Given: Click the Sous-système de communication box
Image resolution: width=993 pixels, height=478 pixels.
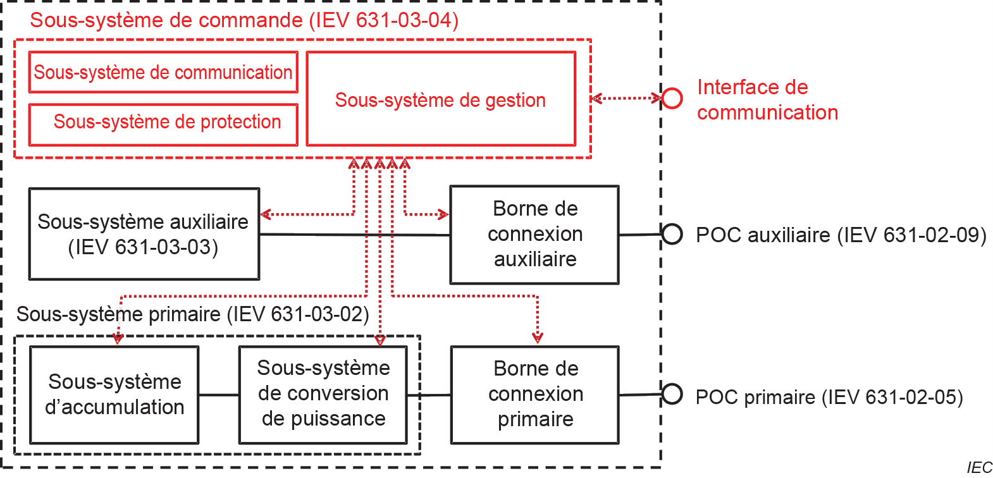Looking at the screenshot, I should pos(163,72).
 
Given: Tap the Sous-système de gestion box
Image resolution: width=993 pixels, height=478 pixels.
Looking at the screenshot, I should pos(441,99).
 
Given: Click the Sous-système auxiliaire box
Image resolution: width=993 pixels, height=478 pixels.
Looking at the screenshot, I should pos(144,234).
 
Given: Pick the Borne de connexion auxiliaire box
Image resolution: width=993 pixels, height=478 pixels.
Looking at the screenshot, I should pos(534,235).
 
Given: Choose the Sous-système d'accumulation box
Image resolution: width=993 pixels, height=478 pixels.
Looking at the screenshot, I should pos(114,395).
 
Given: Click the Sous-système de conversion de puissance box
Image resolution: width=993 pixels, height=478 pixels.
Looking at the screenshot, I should pos(323,395).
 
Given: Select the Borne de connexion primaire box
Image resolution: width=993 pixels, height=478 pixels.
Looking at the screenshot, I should pos(535,395).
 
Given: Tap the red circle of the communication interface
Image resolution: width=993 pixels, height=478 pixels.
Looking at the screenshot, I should pos(672,98).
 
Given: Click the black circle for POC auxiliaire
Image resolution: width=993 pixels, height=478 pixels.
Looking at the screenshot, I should pos(672,234).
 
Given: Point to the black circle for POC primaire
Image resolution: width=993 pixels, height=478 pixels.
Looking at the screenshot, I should pos(672,394).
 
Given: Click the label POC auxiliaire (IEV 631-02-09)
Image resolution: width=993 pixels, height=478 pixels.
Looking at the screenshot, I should pos(841,235).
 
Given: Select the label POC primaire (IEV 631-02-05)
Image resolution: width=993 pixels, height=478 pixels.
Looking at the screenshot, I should pos(829,397).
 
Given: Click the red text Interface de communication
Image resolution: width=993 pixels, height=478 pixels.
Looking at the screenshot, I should pos(767,100).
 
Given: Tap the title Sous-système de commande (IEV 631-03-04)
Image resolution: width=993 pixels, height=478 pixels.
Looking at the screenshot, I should pos(244,20).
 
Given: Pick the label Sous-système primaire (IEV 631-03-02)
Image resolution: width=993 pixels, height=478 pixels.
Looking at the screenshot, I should pos(192,314).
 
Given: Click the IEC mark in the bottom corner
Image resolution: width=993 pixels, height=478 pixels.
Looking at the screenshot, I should pos(979,467).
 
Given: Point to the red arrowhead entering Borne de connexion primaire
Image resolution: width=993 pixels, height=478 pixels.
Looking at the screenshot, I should pos(538,338).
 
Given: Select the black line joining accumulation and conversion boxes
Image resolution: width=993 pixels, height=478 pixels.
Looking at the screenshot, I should pos(219,395).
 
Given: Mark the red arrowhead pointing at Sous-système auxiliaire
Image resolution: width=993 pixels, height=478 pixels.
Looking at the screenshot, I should pos(266,214).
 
